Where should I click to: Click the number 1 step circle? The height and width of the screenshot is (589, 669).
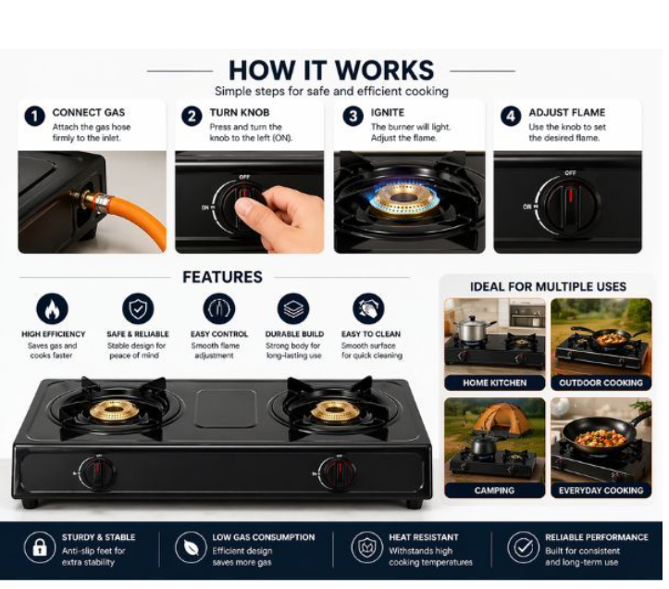(x=34, y=116)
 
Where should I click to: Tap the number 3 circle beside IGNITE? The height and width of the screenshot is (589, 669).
(x=353, y=116)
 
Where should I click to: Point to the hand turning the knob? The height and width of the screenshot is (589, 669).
(x=279, y=215)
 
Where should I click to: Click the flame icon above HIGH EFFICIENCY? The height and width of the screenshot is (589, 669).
(x=52, y=308)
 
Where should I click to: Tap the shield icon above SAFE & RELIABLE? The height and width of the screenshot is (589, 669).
(x=138, y=308)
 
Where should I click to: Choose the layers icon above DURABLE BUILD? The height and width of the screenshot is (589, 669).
(x=293, y=308)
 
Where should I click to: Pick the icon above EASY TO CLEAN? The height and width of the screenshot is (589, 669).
(x=368, y=308)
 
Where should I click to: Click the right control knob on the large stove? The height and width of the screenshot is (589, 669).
(x=339, y=473)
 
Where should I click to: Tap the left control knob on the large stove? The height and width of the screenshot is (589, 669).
(x=98, y=473)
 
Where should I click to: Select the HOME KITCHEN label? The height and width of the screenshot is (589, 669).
(x=494, y=382)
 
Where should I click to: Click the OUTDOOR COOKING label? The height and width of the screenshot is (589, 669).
(x=601, y=382)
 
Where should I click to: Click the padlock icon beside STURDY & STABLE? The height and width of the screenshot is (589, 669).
(x=39, y=547)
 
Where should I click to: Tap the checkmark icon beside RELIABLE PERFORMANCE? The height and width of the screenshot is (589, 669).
(x=523, y=547)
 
